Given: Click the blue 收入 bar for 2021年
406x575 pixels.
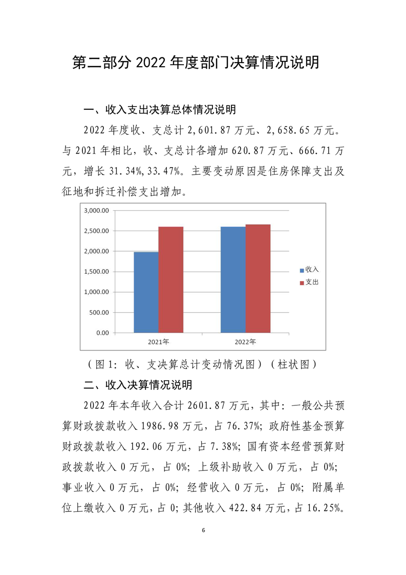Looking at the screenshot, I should tap(146, 292).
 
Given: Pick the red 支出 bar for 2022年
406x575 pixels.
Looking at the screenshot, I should tap(258, 279).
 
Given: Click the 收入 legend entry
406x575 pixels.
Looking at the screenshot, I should tap(309, 269).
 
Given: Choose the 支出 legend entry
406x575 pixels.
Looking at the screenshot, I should tap(309, 282).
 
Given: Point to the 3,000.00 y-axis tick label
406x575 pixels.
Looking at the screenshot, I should tap(97, 211).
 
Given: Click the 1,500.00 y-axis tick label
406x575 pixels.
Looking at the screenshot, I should tap(97, 272).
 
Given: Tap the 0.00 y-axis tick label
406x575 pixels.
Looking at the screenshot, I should tap(102, 333).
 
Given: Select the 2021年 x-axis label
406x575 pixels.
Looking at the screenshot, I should tap(159, 342).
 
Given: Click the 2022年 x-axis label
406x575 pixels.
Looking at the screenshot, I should tap(245, 342).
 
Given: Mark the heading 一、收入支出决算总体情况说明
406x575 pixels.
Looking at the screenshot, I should tap(160, 110).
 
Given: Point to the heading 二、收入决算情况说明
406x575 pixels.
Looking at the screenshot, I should tap(138, 384).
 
